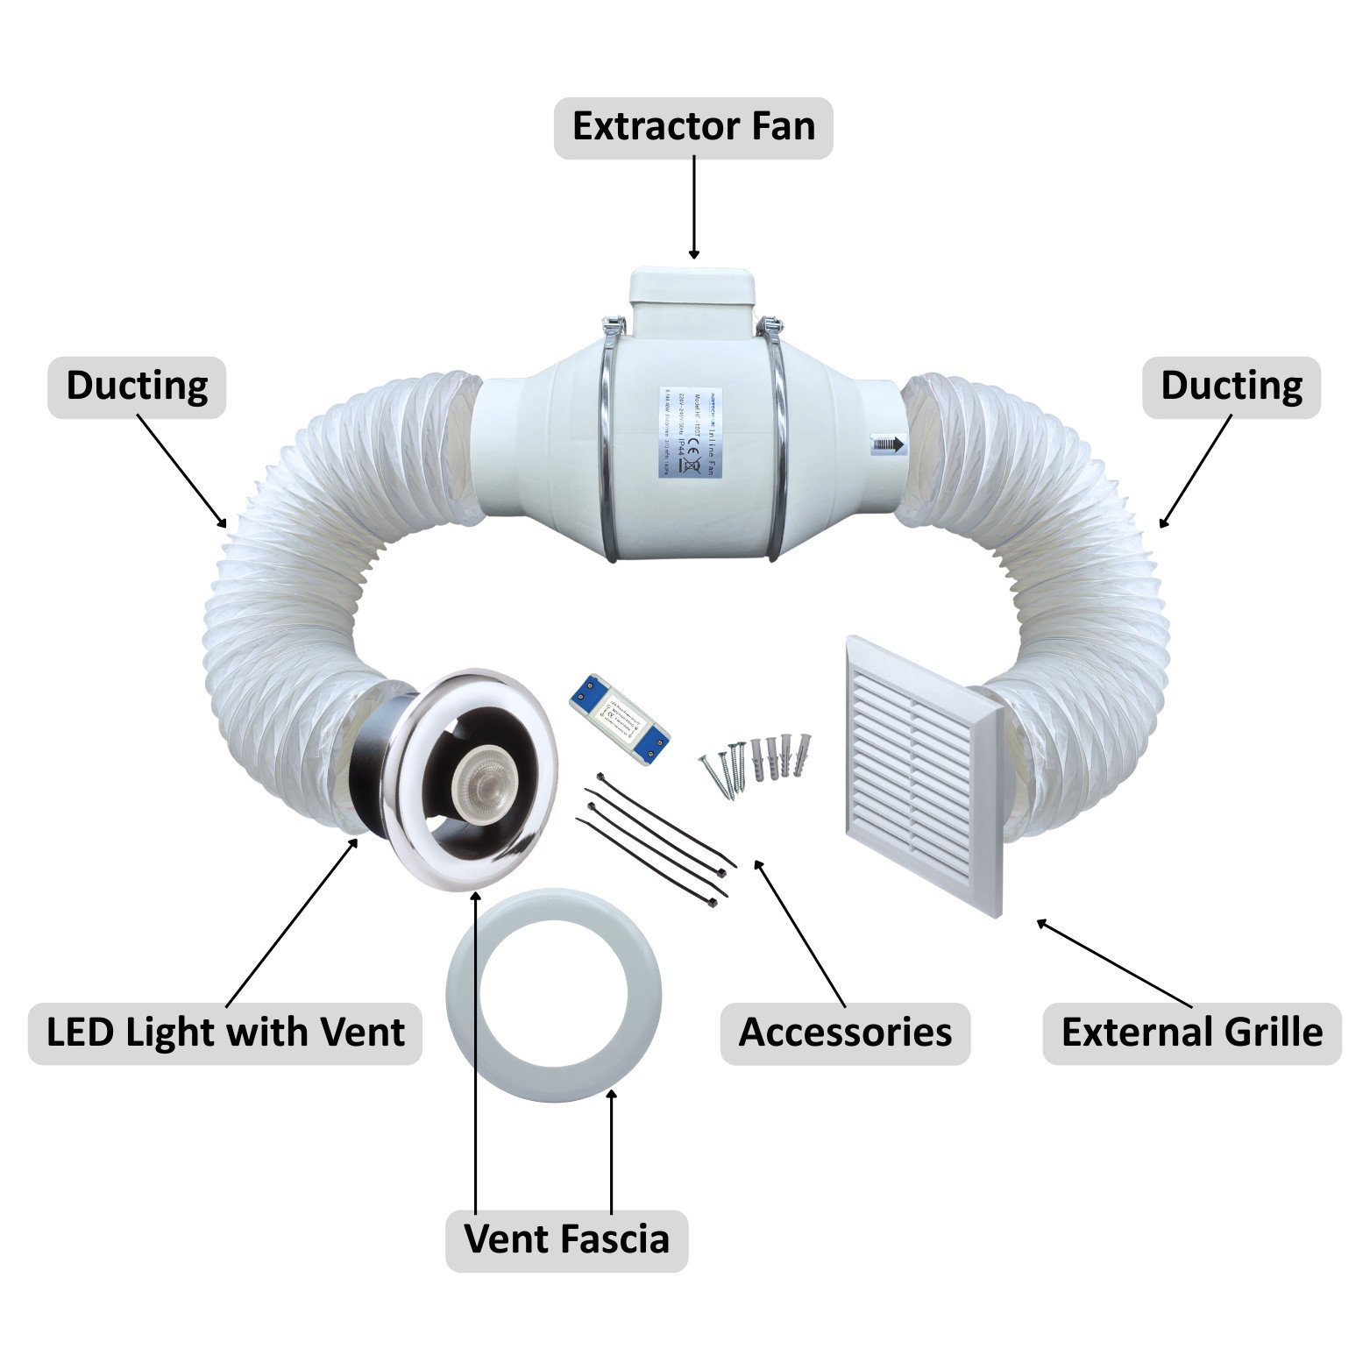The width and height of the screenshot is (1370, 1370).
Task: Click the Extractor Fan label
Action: pos(693,127)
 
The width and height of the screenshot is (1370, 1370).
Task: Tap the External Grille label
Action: pos(1191,1033)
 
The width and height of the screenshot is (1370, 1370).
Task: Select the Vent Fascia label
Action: pos(566,1239)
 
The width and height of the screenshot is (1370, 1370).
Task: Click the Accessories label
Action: pos(845,1033)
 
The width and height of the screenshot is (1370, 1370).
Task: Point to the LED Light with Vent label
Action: pos(225,1033)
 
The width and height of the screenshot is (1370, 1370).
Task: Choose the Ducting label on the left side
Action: pos(137,387)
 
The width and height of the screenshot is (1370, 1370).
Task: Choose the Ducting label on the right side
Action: pos(1231,387)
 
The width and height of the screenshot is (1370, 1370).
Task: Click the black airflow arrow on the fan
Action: pos(888,444)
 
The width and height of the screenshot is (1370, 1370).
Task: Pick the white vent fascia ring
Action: pos(554,990)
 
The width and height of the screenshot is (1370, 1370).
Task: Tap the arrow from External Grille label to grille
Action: pos(1113,962)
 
